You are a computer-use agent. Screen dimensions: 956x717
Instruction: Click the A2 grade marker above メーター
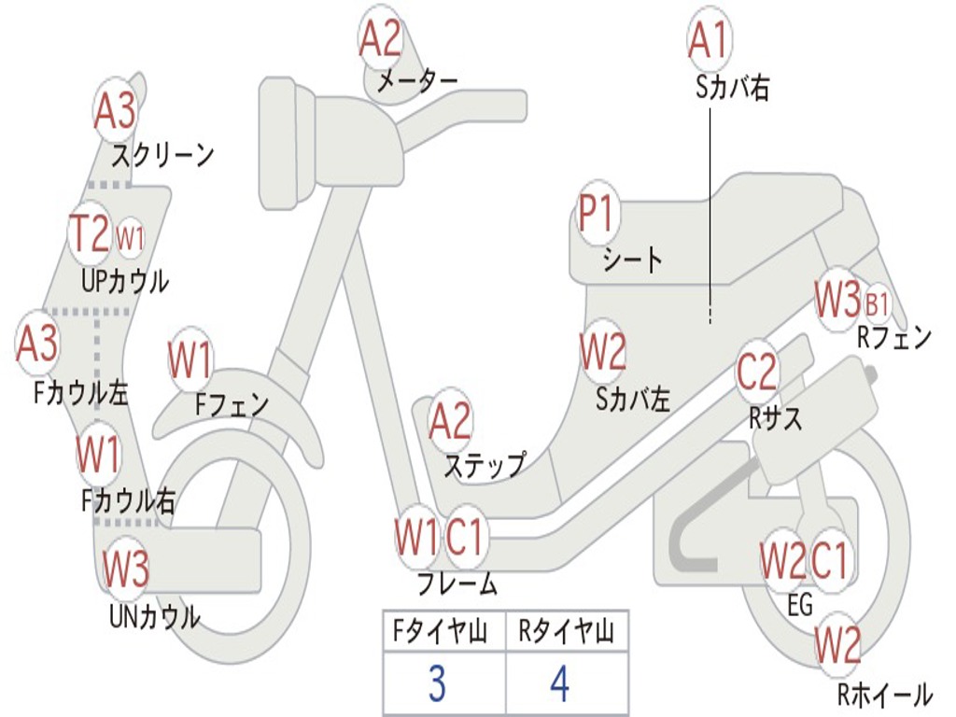[x=381, y=39]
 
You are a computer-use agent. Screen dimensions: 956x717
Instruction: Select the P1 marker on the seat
[x=596, y=216]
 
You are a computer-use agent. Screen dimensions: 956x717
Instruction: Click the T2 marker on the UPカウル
[x=91, y=233]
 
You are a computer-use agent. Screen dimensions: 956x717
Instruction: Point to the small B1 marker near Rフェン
[x=877, y=303]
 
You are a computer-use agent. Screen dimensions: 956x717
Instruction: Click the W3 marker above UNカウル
[x=126, y=568]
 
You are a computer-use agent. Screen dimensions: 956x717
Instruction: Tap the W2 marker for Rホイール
[x=837, y=644]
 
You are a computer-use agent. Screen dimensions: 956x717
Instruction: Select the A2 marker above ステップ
[x=450, y=422]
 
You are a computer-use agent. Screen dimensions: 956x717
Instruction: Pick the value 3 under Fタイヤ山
[x=437, y=684]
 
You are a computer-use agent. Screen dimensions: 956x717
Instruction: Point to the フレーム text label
[x=457, y=584]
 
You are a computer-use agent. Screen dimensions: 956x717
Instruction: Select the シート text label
[x=632, y=259]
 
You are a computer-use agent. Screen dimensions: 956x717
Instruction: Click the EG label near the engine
[x=800, y=606]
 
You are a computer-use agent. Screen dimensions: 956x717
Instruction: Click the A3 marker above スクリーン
[x=115, y=111]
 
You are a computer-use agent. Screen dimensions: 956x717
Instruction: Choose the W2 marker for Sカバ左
[x=602, y=353]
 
